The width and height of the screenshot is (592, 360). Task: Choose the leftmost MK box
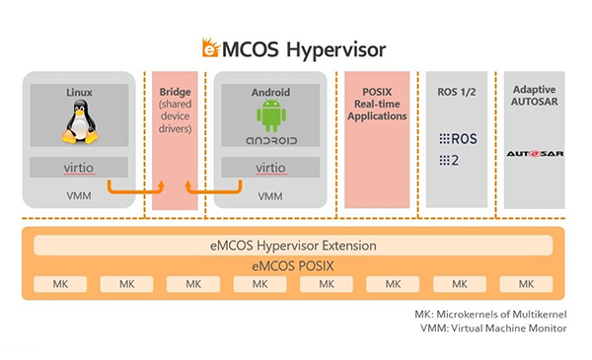click(58, 284)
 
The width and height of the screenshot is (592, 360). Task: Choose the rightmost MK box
click(525, 284)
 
